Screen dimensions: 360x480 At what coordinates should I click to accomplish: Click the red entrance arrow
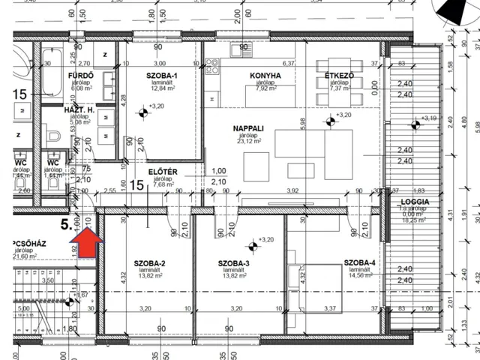click(88, 244)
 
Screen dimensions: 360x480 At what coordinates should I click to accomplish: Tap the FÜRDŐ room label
click(80, 76)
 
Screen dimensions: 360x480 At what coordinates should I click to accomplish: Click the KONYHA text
click(265, 76)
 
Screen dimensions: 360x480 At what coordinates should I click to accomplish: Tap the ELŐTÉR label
click(162, 172)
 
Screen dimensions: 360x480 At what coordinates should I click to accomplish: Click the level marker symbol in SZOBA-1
click(142, 114)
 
